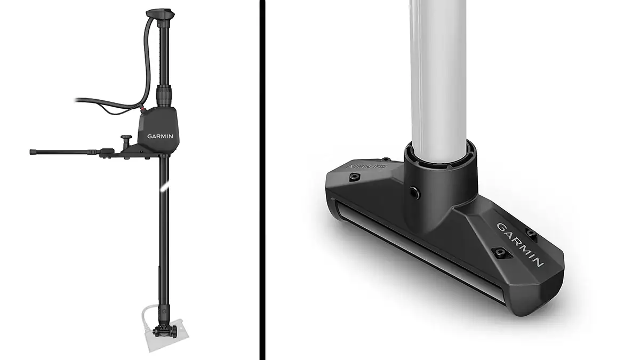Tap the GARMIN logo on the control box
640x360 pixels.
[160, 135]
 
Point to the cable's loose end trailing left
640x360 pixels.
[78, 100]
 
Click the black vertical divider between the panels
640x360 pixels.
[262, 180]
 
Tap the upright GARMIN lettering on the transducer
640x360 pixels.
[520, 244]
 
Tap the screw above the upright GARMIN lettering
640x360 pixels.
[531, 231]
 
